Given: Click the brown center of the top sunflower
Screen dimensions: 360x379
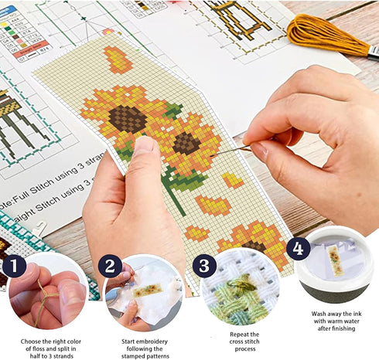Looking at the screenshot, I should point(127,118).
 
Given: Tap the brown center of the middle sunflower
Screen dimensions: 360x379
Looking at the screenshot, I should point(186,143).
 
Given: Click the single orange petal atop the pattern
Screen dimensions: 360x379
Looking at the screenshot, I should point(117,59).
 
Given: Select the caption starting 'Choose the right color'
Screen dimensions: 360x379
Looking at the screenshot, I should point(48,345).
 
